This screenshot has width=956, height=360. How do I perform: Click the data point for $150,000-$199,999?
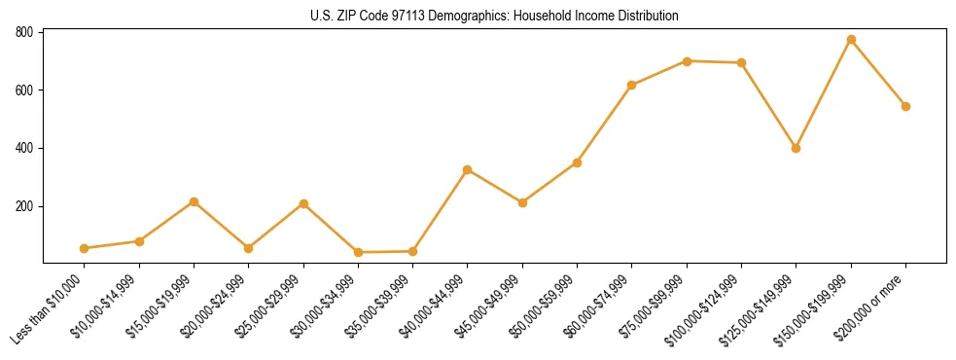[x=851, y=40]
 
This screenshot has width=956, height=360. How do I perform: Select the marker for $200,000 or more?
[x=905, y=106]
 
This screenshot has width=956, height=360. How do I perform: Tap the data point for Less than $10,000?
[x=85, y=248]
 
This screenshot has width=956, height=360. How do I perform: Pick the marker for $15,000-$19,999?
[x=194, y=201]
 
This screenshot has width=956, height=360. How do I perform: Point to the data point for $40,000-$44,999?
[x=468, y=169]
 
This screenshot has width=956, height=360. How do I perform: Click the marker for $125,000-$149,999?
[x=796, y=148]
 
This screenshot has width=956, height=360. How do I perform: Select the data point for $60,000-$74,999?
[x=632, y=85]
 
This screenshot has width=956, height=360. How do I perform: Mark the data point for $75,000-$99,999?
[x=687, y=61]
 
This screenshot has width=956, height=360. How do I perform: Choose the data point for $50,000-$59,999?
[x=577, y=162]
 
